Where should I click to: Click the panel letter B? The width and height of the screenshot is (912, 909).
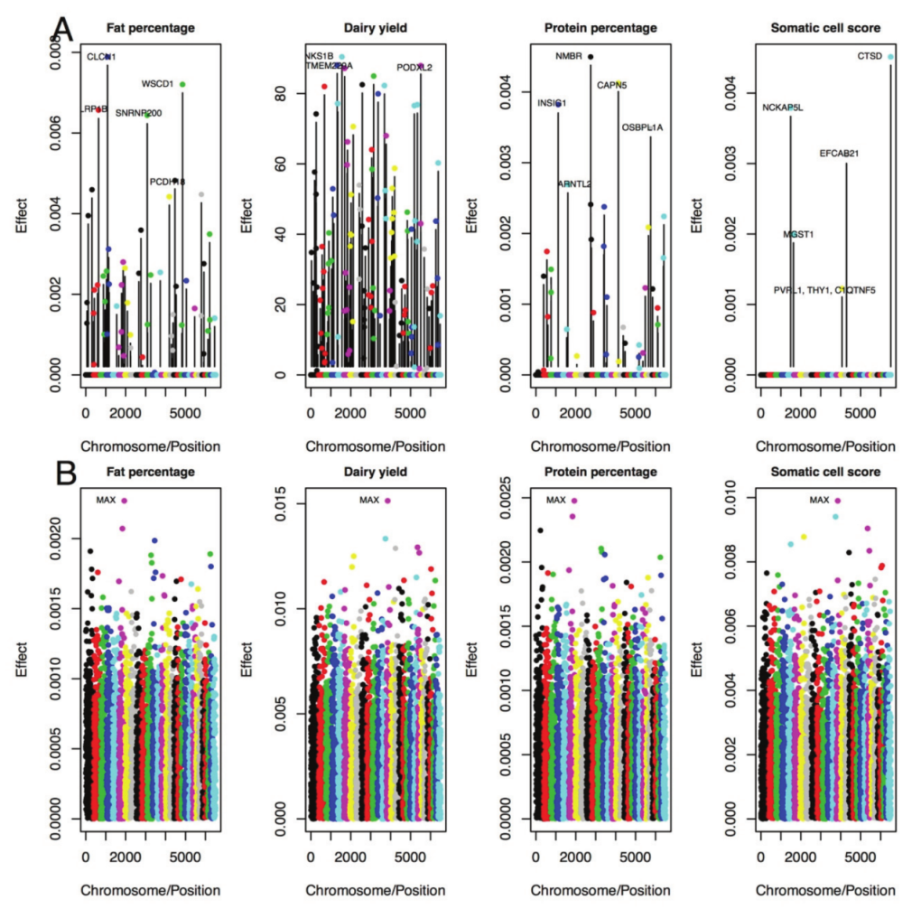[61, 473]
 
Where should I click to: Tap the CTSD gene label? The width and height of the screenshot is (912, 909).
[870, 57]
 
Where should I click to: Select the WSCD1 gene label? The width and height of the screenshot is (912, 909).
[157, 84]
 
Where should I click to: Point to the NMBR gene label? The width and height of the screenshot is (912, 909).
[568, 57]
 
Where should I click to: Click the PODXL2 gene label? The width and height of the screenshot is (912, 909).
[414, 67]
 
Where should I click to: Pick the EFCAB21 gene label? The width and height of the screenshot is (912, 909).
[839, 154]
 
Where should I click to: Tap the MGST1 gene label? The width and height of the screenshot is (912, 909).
[798, 234]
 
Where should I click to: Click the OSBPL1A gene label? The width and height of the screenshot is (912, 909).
[642, 128]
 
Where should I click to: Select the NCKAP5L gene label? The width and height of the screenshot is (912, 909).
[783, 108]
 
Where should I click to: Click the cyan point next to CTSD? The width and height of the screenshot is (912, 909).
[890, 57]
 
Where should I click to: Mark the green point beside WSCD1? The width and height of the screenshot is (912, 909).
[182, 84]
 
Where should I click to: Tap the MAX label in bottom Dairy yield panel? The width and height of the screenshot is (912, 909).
[370, 500]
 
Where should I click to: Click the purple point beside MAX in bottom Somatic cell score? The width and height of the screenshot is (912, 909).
[837, 500]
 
